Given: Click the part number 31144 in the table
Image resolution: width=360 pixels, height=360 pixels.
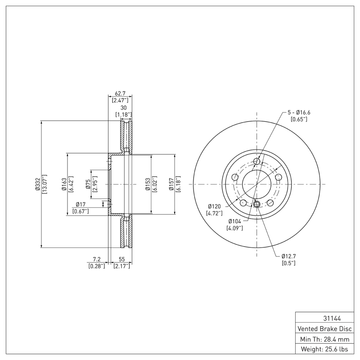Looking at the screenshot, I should (326, 318).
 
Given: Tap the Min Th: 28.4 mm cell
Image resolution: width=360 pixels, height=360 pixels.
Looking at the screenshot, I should (326, 338).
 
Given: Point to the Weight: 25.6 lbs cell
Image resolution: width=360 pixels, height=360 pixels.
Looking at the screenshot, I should (326, 349).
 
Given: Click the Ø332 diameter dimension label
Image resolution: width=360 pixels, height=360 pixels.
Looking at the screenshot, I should (38, 184).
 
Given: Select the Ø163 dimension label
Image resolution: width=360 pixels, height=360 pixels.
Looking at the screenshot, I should (64, 184).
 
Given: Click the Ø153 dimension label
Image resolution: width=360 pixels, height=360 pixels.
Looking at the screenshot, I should (148, 184).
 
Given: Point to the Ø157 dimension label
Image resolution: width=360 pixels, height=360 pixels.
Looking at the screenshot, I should (171, 184).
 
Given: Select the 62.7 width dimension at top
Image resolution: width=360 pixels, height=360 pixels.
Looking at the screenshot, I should (120, 93).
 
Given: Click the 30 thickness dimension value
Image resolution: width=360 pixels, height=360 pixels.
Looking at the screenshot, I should (123, 108).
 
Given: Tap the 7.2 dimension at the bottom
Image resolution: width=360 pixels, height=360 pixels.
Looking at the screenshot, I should (96, 260).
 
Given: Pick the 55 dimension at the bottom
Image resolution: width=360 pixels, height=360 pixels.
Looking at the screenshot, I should (121, 260).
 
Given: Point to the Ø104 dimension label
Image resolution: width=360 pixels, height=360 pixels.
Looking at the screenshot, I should (235, 221).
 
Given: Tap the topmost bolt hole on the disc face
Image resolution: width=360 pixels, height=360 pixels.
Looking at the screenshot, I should (257, 162).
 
